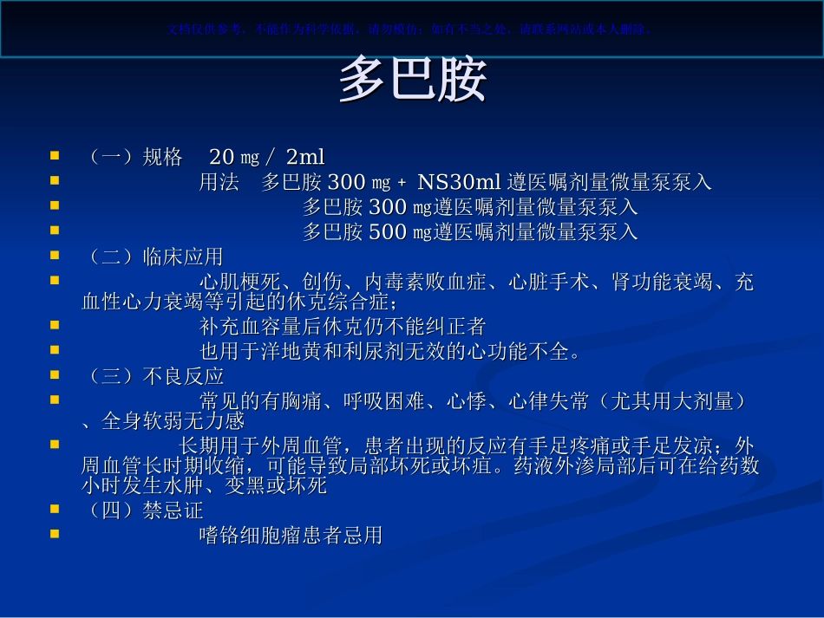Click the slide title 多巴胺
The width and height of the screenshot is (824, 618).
[x=412, y=81]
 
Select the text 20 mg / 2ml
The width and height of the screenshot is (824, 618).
[x=267, y=157]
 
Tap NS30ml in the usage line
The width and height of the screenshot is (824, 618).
[x=460, y=182]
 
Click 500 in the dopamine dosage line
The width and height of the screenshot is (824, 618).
[x=388, y=232]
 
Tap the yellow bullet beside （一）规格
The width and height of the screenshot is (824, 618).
[x=55, y=156]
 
